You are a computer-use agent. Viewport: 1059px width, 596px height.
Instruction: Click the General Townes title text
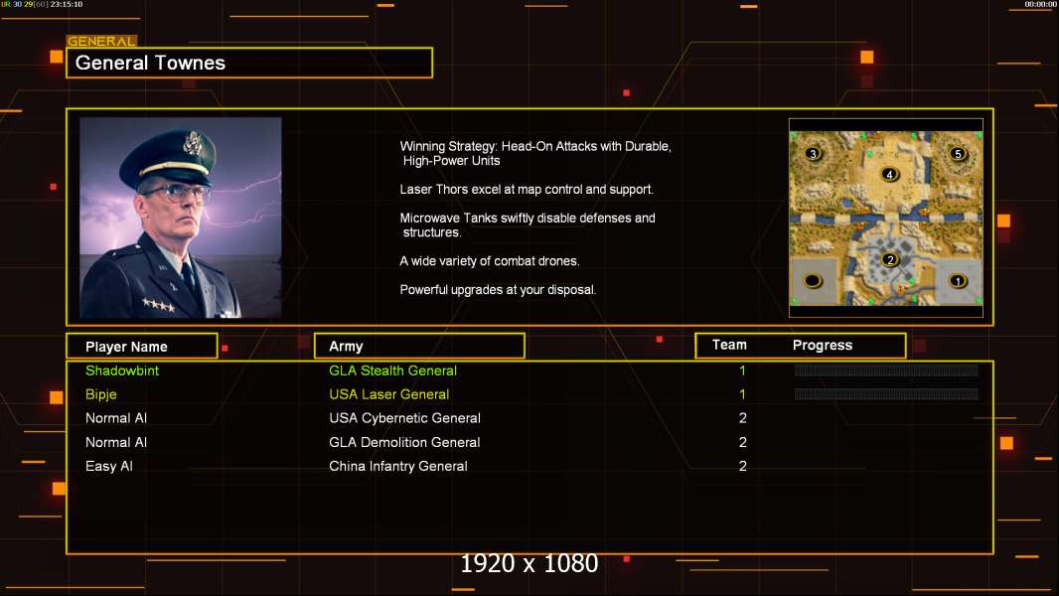pos(150,63)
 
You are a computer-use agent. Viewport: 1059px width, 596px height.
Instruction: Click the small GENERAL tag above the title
pos(101,42)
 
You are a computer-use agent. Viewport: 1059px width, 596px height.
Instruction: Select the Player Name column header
pos(126,347)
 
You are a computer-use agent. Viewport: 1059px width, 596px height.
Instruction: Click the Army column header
pos(346,347)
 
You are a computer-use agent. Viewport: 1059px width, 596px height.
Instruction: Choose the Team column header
pos(729,345)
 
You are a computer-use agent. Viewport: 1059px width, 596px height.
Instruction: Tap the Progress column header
pos(823,346)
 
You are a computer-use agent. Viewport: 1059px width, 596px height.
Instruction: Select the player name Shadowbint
pos(122,371)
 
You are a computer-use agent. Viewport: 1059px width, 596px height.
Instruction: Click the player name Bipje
pos(101,394)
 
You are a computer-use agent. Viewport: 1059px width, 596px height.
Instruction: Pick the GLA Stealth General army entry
pos(392,371)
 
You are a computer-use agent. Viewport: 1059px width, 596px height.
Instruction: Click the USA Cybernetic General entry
pos(404,418)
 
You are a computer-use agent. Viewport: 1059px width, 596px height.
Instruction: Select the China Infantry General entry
pos(397,466)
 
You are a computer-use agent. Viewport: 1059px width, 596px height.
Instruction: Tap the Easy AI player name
pos(109,466)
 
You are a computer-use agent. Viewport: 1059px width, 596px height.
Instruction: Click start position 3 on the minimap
pos(814,154)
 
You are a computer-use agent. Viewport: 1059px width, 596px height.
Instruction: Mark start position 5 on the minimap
pos(958,154)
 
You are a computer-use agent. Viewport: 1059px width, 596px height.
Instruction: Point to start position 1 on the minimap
pos(958,281)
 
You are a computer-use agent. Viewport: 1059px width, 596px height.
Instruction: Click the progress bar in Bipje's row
pos(886,394)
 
